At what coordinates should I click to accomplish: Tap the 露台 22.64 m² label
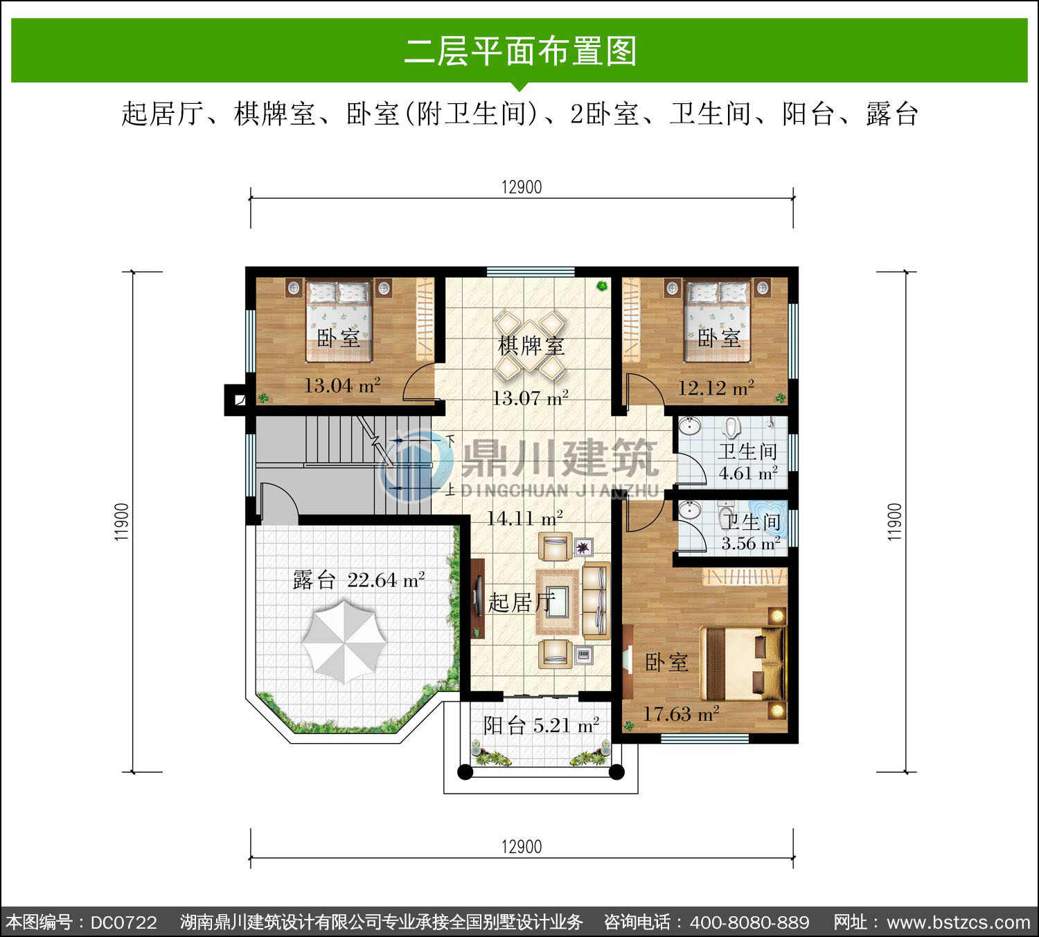(359, 580)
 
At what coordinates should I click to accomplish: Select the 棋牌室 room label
(531, 346)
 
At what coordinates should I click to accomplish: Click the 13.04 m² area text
(342, 385)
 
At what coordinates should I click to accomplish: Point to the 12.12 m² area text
(716, 387)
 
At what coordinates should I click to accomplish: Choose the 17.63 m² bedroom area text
(681, 714)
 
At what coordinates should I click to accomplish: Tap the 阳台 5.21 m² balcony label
(541, 725)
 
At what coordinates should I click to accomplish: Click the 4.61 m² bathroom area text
(748, 473)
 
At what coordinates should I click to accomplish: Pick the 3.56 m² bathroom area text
(751, 544)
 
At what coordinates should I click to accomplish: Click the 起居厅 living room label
(522, 603)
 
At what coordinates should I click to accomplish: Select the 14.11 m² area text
(524, 518)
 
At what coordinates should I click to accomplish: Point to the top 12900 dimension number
(522, 187)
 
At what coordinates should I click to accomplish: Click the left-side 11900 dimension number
(121, 521)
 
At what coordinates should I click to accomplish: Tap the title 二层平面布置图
(520, 51)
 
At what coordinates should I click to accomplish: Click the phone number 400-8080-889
(749, 922)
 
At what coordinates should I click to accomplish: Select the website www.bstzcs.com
(959, 922)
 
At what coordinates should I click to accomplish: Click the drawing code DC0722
(124, 922)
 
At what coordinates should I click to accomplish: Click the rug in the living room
(558, 602)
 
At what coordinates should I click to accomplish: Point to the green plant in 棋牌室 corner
(601, 285)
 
